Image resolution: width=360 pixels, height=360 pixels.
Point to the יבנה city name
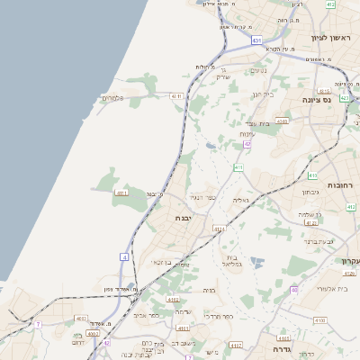tap(190, 217)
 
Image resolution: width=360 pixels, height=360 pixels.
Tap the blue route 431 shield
tap(257, 40)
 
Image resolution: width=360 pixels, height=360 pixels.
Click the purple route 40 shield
tap(294, 289)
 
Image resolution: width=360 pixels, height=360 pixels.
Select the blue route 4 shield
tap(124, 256)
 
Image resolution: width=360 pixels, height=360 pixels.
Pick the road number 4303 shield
tap(283, 121)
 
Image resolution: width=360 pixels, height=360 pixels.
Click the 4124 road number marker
tap(219, 229)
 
